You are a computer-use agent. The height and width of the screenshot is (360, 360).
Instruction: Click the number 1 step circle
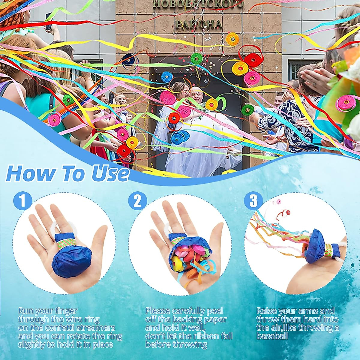coord(22,200)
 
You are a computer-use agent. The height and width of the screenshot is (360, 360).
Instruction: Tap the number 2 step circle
coord(137,201)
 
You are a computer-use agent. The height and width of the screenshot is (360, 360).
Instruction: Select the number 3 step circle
coord(254,201)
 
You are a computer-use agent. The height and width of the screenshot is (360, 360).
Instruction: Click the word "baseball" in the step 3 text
coord(272,336)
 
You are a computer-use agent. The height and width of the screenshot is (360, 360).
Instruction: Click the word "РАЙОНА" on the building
coord(199,24)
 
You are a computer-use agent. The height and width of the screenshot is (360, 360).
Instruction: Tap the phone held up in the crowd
coord(48,21)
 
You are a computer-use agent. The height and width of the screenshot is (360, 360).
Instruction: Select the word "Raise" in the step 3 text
coord(266,311)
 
